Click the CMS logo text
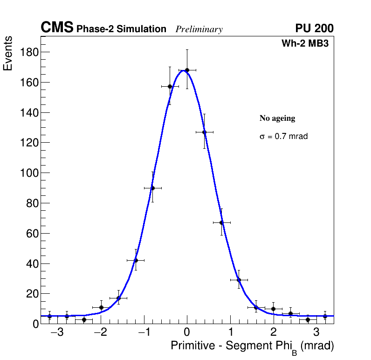[x=57, y=28]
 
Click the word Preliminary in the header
[x=199, y=29]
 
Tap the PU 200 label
[x=314, y=28]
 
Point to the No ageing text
[x=277, y=118]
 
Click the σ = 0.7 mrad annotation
[x=283, y=137]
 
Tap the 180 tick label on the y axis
[x=28, y=52]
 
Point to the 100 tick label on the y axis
[x=28, y=173]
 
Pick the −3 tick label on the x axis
[x=57, y=333]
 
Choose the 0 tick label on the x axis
[x=187, y=333]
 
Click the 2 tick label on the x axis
[x=274, y=333]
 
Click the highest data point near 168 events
[x=187, y=70]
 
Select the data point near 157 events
[x=170, y=87]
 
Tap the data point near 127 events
[x=204, y=132]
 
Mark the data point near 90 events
[x=152, y=188]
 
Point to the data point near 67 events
[x=221, y=222]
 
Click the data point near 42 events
[x=136, y=260]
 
